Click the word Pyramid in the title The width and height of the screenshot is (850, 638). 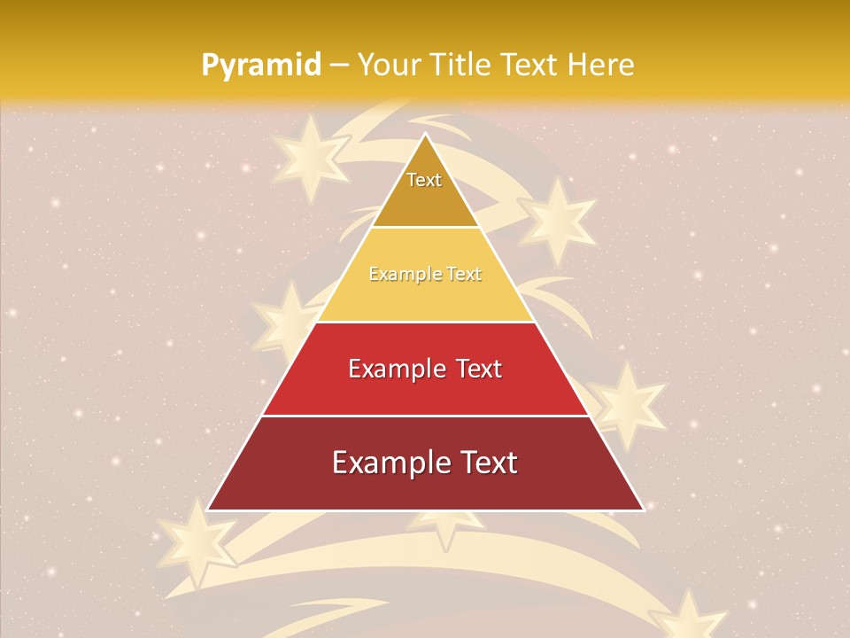pos(260,66)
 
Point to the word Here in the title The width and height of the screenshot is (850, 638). pos(603,66)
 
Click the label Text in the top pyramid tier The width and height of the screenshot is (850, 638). pos(424,180)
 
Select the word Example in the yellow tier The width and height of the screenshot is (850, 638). pos(403,275)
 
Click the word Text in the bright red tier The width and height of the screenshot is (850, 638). pos(478,369)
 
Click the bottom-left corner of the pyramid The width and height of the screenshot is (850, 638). pos(208,510)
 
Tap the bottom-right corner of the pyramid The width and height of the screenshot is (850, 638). pos(643,510)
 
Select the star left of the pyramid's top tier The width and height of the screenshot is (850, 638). pos(307,158)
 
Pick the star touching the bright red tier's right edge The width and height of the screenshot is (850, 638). pos(627,403)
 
